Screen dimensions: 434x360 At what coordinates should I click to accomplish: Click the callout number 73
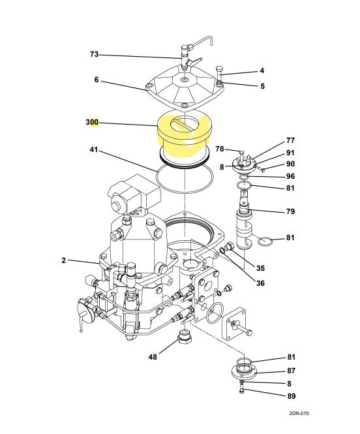click(94, 54)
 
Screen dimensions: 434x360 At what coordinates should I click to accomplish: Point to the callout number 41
click(94, 150)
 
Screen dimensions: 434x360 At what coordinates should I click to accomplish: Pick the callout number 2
click(64, 260)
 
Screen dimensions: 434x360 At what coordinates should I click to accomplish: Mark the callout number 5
click(262, 86)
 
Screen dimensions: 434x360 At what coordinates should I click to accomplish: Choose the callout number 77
click(290, 141)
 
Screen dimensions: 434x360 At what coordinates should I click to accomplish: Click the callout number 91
click(290, 153)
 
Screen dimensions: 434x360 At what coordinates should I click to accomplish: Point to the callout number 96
click(290, 176)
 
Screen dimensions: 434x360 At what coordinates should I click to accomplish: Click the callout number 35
click(260, 268)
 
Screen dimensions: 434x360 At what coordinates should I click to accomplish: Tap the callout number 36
click(260, 283)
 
